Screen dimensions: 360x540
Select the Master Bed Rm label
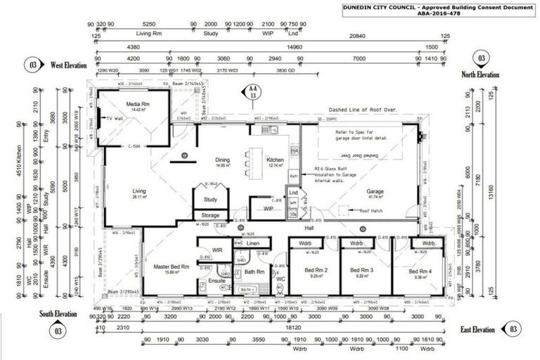click(x=171, y=266)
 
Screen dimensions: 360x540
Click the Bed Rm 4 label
click(x=420, y=271)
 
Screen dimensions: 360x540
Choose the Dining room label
click(x=222, y=160)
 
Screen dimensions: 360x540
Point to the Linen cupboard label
click(x=253, y=243)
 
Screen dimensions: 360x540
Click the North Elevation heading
click(x=480, y=74)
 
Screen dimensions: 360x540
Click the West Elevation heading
click(x=68, y=65)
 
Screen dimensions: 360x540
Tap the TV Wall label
click(x=115, y=118)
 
